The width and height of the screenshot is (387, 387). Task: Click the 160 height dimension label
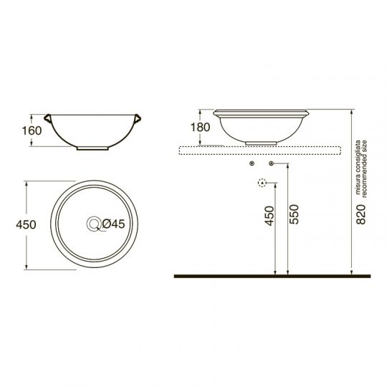pyautogui.click(x=32, y=130)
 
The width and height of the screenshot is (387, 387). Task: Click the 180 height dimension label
pyautogui.click(x=200, y=128)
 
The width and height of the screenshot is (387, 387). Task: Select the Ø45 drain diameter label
pyautogui.click(x=113, y=224)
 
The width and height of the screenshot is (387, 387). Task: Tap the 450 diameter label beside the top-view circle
pyautogui.click(x=26, y=224)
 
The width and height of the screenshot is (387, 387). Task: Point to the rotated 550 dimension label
pyautogui.click(x=294, y=214)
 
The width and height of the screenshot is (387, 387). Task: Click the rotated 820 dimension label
pyautogui.click(x=360, y=214)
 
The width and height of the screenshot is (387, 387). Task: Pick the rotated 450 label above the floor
pyautogui.click(x=269, y=216)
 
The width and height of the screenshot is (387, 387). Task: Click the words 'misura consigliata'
pyautogui.click(x=358, y=168)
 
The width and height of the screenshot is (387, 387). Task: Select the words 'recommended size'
pyautogui.click(x=364, y=169)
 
